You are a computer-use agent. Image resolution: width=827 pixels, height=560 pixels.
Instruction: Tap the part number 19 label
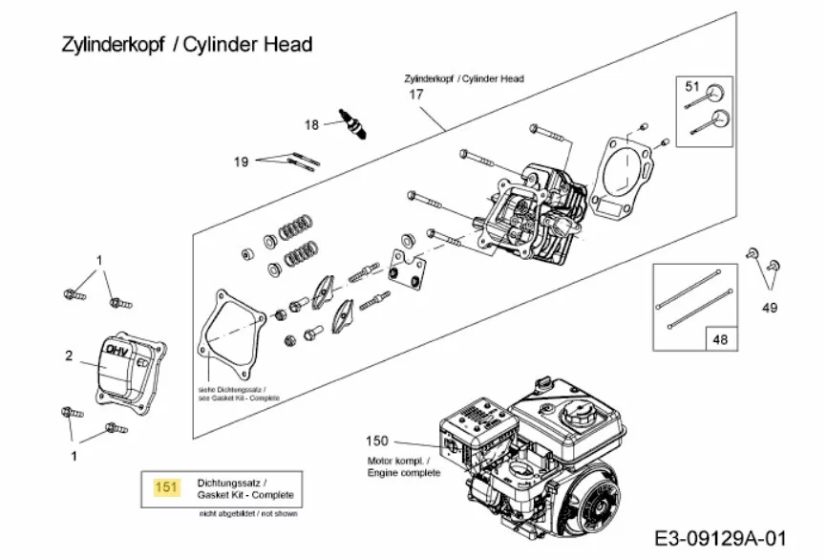242,162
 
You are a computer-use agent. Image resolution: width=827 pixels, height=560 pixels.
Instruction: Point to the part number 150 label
377,441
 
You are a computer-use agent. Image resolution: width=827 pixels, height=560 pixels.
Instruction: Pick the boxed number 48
718,337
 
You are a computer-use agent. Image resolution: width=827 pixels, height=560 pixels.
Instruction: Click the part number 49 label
770,308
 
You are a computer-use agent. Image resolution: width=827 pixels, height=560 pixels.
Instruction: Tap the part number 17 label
416,95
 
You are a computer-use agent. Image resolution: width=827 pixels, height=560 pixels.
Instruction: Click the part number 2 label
69,356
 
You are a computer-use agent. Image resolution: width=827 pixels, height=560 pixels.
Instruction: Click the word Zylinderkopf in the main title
101,44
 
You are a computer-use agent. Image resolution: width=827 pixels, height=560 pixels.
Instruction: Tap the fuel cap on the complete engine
579,415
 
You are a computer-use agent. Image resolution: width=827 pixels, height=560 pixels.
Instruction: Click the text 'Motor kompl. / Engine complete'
404,466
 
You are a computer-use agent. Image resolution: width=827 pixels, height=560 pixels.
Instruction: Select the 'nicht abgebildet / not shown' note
248,514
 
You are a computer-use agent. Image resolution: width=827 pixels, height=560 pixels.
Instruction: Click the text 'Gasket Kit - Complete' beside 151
245,495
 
